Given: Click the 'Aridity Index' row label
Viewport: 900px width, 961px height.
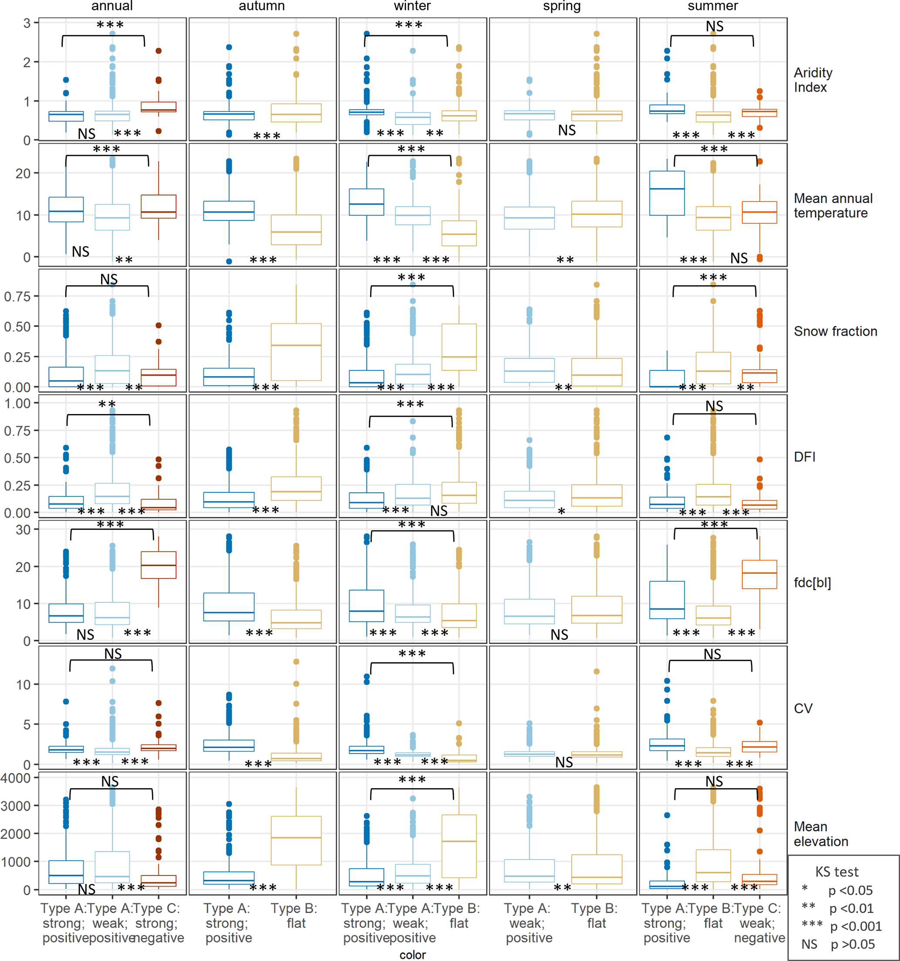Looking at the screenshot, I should (x=813, y=80).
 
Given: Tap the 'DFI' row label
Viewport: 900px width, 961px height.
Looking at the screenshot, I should (x=804, y=457).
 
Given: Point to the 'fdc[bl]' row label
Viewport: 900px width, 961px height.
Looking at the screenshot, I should (x=812, y=583).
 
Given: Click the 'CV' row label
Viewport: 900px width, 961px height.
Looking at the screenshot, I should (x=803, y=708).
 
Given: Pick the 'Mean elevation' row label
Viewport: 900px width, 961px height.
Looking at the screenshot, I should (x=821, y=834).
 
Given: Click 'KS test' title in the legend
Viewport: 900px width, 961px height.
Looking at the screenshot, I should (x=837, y=872).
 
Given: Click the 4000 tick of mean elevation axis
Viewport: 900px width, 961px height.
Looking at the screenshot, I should (x=17, y=778).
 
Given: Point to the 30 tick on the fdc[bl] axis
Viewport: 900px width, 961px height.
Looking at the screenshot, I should (x=23, y=530).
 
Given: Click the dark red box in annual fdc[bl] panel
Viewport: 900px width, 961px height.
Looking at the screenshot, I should (x=158, y=565).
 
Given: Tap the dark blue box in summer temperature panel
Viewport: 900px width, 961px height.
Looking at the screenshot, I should (x=667, y=193).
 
